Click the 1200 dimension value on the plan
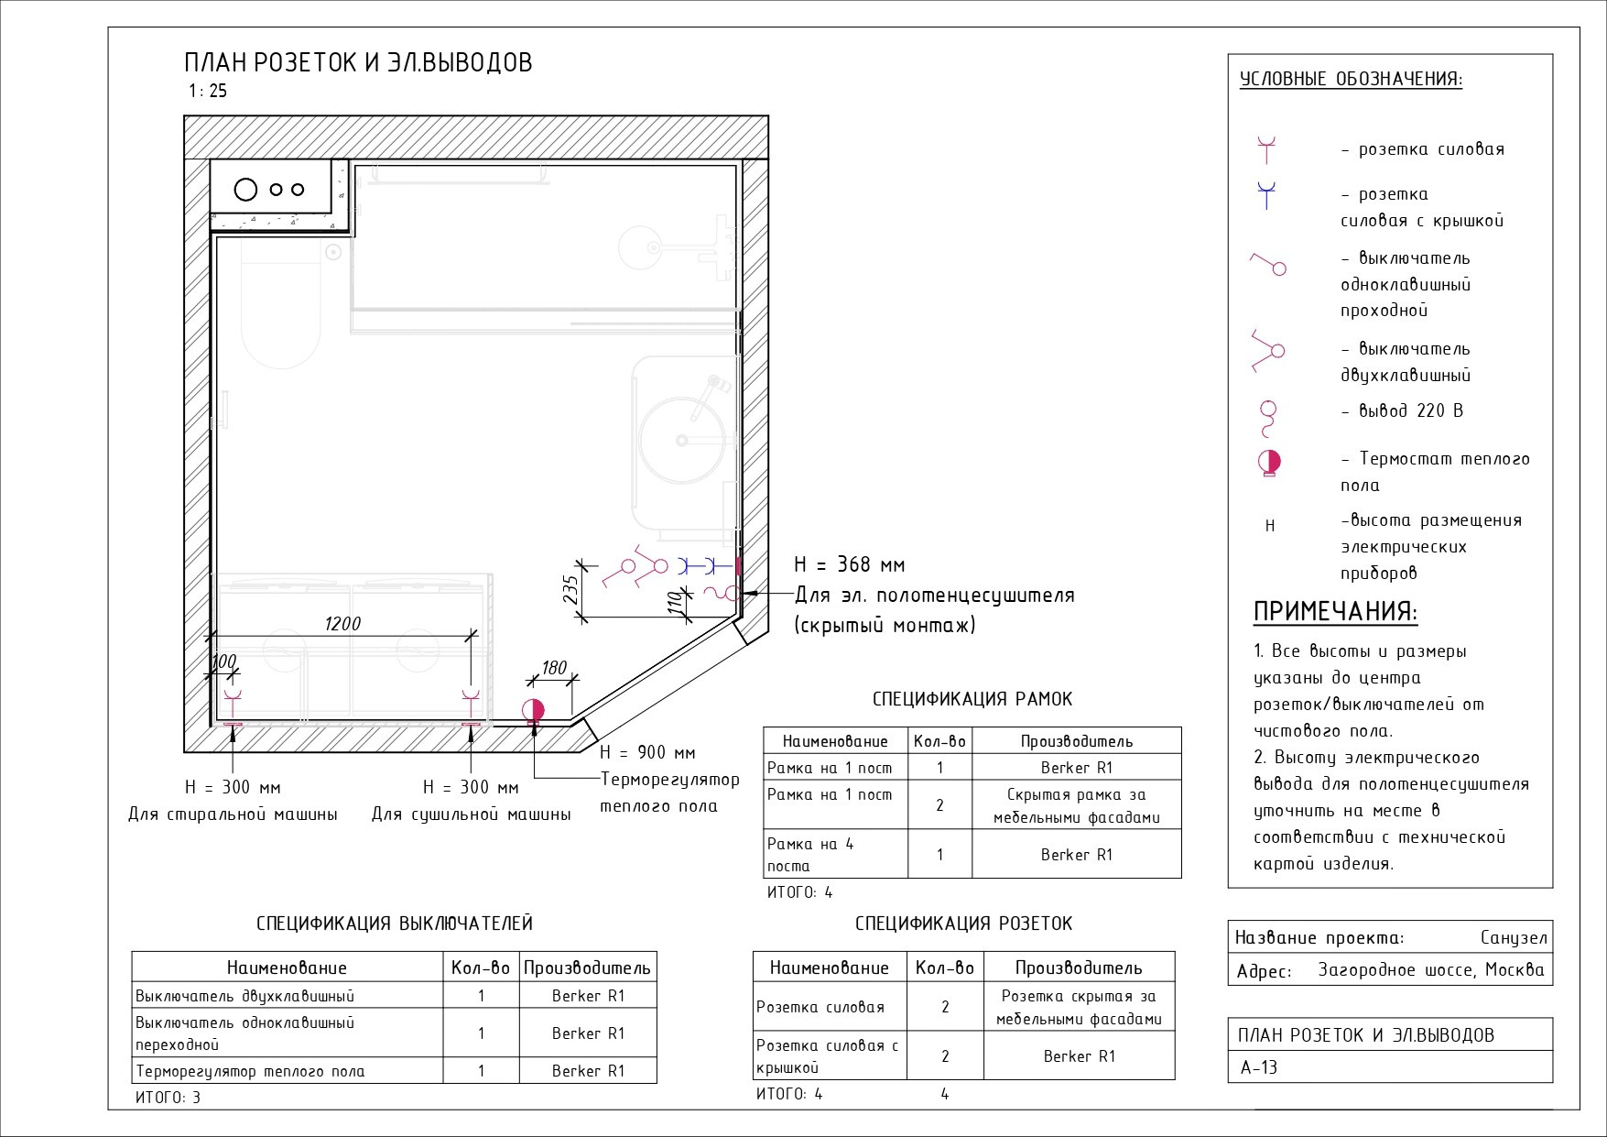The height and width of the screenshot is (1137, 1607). click(x=342, y=623)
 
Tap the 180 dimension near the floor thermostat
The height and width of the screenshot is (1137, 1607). click(x=554, y=668)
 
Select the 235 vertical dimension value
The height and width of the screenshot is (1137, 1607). click(x=570, y=589)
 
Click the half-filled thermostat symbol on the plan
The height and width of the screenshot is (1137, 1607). click(x=533, y=710)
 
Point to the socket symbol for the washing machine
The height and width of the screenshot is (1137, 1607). click(x=233, y=704)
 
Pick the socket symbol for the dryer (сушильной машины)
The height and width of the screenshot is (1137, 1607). click(x=472, y=704)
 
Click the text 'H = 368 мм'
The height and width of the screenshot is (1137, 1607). click(x=849, y=564)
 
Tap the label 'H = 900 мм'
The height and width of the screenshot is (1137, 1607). click(x=647, y=752)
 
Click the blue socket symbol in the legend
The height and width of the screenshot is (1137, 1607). click(x=1266, y=195)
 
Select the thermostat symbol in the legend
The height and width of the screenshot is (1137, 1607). click(x=1269, y=463)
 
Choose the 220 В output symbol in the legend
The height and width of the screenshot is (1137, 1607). click(x=1268, y=418)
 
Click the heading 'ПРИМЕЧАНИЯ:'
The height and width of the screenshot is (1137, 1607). click(x=1335, y=612)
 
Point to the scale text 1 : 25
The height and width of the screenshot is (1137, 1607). click(x=208, y=91)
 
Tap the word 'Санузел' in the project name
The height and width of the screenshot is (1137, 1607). click(x=1514, y=937)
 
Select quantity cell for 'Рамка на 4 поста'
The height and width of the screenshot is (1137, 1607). click(x=939, y=854)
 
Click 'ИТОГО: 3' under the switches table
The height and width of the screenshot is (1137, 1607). click(x=168, y=1097)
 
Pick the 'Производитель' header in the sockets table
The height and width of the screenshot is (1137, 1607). click(x=1078, y=968)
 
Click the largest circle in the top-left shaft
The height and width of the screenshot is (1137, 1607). click(x=245, y=190)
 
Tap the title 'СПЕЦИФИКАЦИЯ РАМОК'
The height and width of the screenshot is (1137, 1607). click(x=972, y=699)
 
